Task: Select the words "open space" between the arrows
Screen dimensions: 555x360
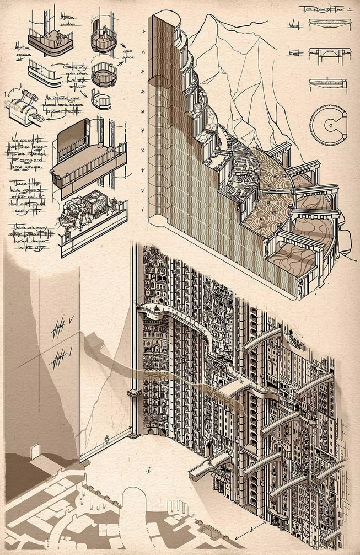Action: click(x=128, y=54)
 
